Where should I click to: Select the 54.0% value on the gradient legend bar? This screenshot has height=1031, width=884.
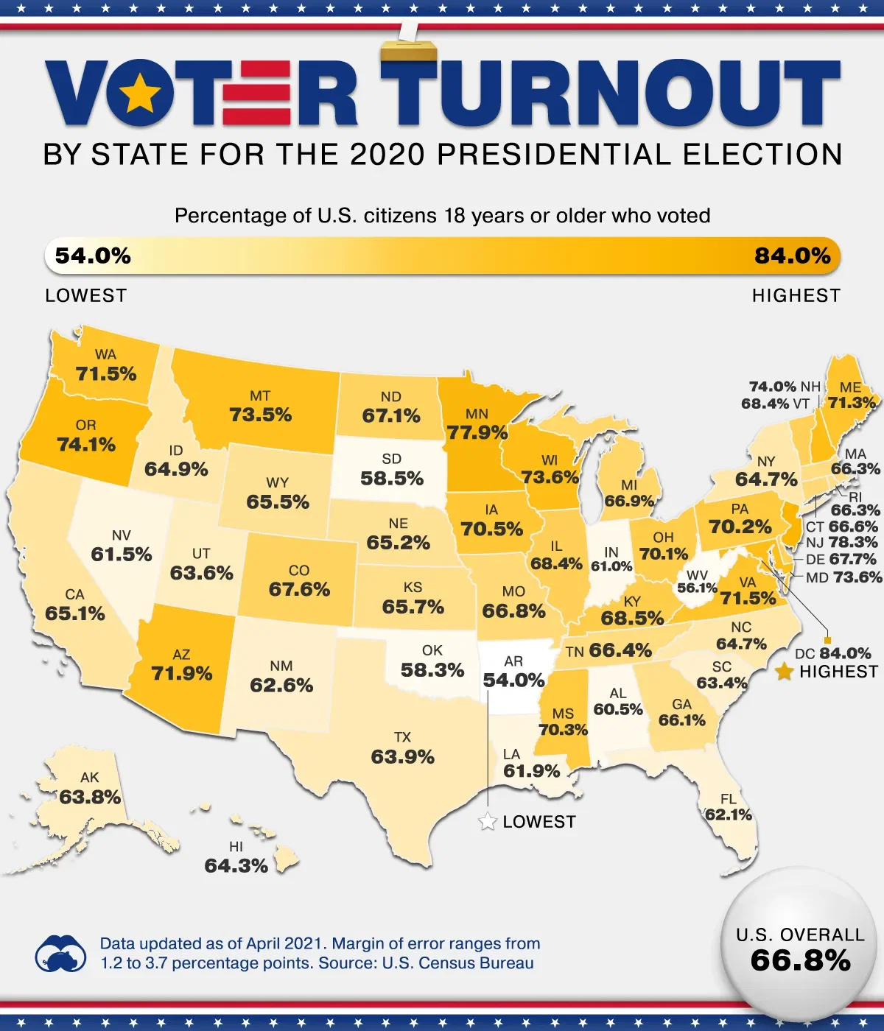93,256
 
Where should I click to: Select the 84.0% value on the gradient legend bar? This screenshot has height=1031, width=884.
793,256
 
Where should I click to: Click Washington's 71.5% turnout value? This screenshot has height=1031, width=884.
106,374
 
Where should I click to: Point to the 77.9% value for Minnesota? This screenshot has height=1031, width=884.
477,432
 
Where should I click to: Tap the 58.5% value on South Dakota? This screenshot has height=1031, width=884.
392,479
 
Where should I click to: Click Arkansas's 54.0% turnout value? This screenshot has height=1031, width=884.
513,680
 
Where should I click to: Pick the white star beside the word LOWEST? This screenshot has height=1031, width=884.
488,821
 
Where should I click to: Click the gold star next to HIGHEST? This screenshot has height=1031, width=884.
784,672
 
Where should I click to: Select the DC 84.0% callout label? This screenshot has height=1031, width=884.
833,653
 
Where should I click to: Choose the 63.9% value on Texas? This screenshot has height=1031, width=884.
402,757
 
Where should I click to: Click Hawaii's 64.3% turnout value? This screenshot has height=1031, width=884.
236,866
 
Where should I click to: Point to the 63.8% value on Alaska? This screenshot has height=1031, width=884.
90,797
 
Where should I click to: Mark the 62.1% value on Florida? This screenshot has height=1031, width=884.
729,814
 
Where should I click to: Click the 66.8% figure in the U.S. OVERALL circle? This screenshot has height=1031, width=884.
800,960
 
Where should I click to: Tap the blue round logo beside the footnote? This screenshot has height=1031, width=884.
60,954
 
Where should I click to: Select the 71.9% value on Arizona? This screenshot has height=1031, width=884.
182,673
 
